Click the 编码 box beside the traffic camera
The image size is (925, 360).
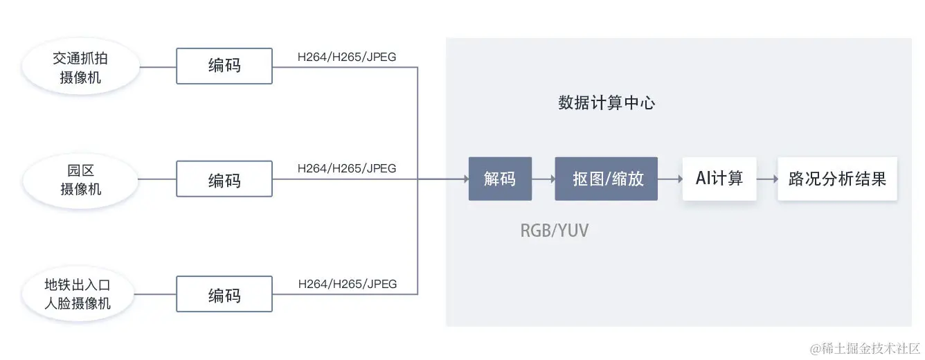click(x=224, y=66)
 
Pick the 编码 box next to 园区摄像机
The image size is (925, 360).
click(x=224, y=180)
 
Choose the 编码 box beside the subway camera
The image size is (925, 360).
click(x=224, y=294)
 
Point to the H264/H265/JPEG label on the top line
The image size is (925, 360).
click(x=347, y=57)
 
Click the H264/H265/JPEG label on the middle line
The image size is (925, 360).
click(x=347, y=168)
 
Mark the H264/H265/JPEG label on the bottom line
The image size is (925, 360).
click(x=347, y=284)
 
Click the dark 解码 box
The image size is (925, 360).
click(x=500, y=179)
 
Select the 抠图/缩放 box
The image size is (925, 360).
click(x=606, y=179)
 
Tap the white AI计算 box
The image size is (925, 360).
click(x=719, y=179)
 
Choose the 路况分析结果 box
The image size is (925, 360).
click(x=837, y=179)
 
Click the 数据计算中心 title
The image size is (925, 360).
click(x=606, y=104)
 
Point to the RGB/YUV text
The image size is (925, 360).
click(x=554, y=231)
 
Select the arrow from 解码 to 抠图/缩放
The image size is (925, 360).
click(x=544, y=179)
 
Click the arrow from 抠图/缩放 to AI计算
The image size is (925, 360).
click(x=670, y=179)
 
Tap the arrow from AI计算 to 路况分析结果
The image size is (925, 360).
click(x=766, y=179)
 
